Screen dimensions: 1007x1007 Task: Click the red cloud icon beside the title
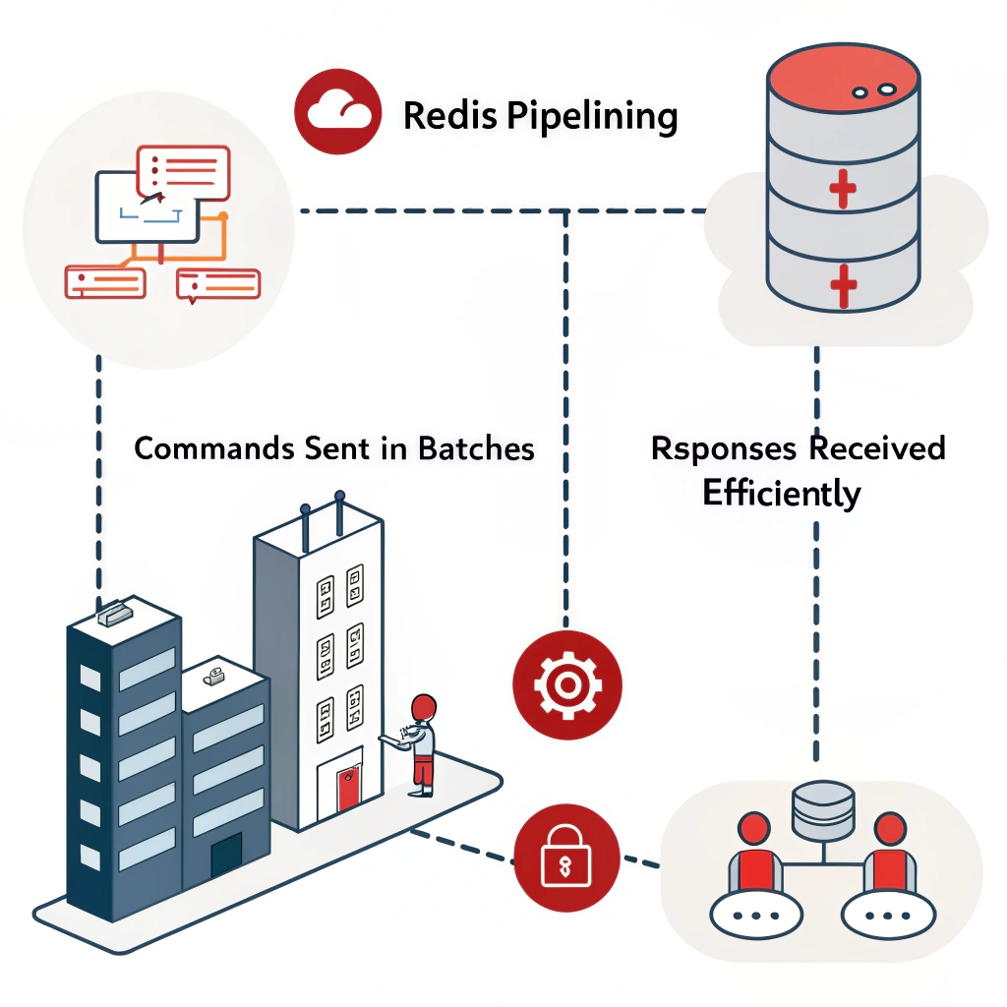[x=338, y=111]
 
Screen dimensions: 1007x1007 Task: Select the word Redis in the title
[x=451, y=116]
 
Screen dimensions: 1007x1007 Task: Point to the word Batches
[x=476, y=448]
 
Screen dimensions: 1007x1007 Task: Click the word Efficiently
[x=781, y=493]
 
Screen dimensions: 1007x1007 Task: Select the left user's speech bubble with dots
[x=751, y=915]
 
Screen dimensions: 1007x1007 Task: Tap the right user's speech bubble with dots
[x=889, y=915]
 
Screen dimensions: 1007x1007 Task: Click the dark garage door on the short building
[x=226, y=855]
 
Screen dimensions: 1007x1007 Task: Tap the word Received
[x=876, y=448]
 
